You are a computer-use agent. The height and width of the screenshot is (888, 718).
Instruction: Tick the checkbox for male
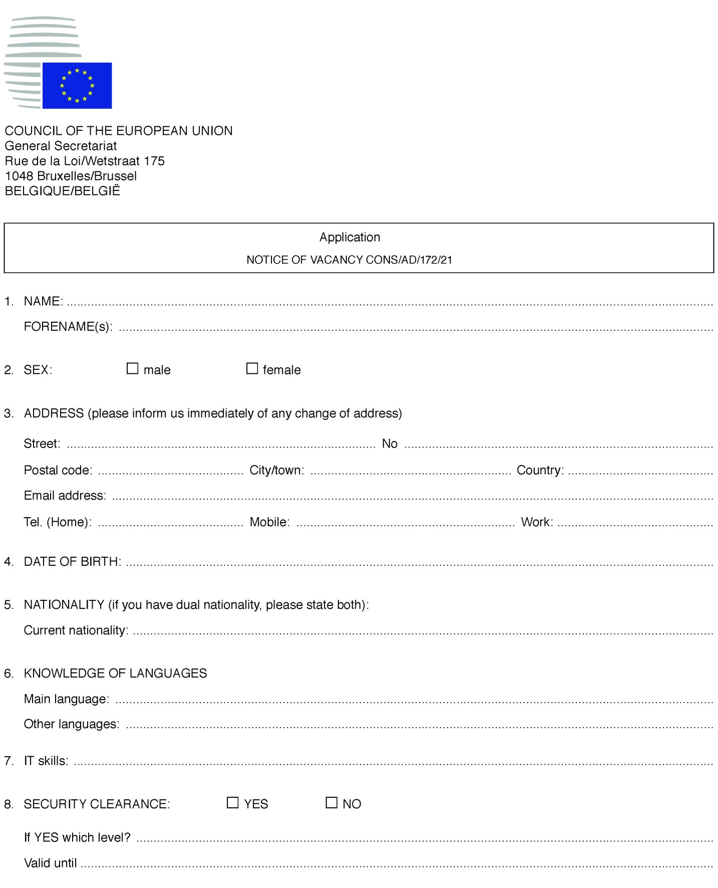coord(132,368)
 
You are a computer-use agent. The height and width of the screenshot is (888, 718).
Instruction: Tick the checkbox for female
coord(252,368)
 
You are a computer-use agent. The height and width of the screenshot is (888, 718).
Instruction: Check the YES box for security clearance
coord(233,802)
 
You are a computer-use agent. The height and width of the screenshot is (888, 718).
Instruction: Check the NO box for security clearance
coord(331,802)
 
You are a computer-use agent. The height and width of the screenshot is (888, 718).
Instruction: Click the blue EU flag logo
coord(77,85)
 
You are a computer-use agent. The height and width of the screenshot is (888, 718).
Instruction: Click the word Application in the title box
coord(349,237)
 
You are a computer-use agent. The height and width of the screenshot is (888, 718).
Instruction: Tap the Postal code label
coord(58,470)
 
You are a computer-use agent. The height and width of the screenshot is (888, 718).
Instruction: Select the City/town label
coord(277,470)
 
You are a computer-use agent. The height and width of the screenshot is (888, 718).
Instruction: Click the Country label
coord(540,470)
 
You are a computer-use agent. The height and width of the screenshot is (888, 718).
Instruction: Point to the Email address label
coord(65,496)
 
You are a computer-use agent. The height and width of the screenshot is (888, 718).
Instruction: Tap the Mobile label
coord(270,522)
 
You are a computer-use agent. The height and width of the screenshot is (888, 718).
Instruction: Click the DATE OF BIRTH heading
coord(72,561)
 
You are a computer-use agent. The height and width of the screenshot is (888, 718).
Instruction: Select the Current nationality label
coord(76,630)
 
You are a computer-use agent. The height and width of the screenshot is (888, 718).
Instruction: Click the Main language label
coord(67,699)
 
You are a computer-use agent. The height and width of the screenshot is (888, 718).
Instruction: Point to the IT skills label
coord(46,761)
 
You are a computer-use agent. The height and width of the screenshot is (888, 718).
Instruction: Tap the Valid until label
coord(50,863)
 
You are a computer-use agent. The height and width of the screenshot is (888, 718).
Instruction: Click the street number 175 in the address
coord(154,161)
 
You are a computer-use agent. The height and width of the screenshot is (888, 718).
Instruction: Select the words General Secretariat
coord(61,146)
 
